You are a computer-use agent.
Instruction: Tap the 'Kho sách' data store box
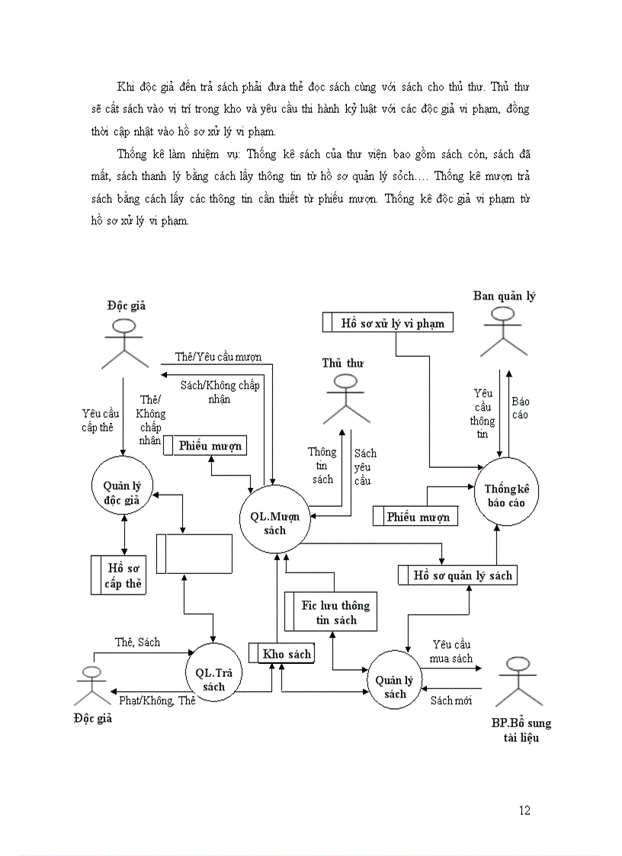click(x=281, y=654)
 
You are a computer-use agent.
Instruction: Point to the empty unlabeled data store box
click(x=194, y=553)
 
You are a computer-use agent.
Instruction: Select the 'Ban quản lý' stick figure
click(x=503, y=332)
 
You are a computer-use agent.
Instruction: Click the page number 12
click(x=524, y=810)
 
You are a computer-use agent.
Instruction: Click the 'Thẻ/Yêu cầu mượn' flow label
click(x=218, y=357)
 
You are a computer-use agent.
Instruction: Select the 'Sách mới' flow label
click(x=451, y=700)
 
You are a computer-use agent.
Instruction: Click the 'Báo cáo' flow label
click(x=520, y=408)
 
